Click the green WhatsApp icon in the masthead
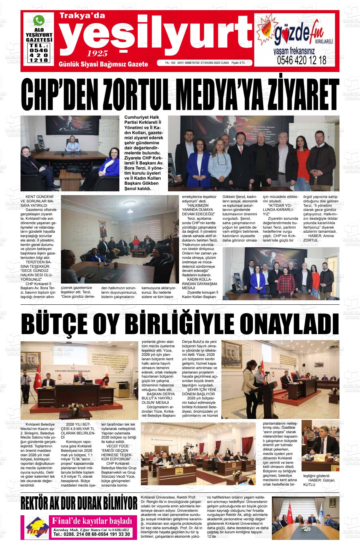[x=39, y=21]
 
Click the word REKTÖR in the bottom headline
[x=36, y=504]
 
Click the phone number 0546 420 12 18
[x=302, y=60]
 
